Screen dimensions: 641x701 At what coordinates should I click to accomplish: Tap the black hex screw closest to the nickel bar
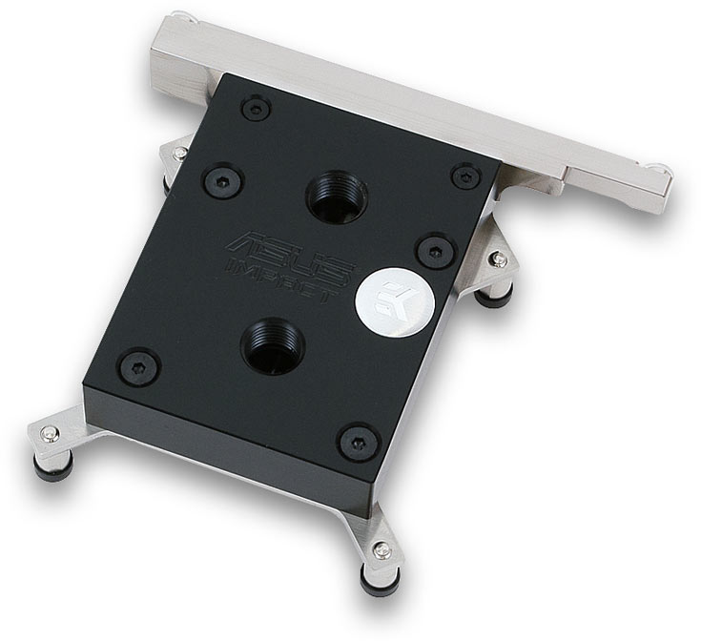[257, 109]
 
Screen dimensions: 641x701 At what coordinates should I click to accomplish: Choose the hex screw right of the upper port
[465, 176]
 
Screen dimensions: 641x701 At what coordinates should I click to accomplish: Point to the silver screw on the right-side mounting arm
[495, 258]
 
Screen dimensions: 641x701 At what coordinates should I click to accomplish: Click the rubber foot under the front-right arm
[375, 581]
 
